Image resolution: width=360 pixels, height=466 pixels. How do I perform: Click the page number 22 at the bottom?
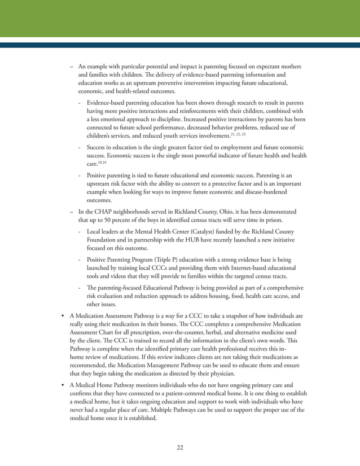(180, 447)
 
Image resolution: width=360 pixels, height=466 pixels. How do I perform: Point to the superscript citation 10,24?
(102, 161)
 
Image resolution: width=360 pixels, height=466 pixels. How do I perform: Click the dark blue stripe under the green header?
(180, 45)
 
